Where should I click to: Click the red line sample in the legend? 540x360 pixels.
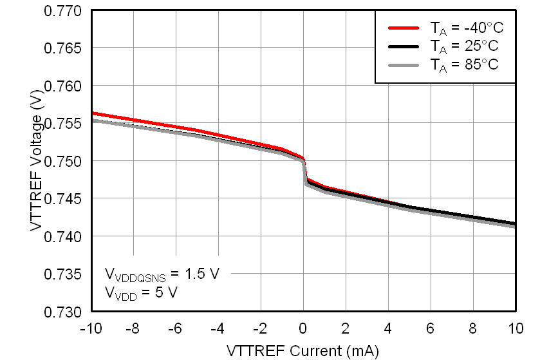[404, 28]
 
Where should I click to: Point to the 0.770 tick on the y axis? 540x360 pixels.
[62, 11]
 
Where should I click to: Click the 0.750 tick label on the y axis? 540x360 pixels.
[62, 161]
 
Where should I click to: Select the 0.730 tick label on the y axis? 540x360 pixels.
[62, 312]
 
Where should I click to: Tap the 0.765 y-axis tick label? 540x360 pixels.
[62, 48]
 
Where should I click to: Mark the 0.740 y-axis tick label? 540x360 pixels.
[62, 236]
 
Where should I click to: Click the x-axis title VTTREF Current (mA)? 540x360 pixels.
[303, 350]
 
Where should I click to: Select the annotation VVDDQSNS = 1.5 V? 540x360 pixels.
[162, 274]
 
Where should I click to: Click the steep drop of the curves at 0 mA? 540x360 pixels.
[304, 171]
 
